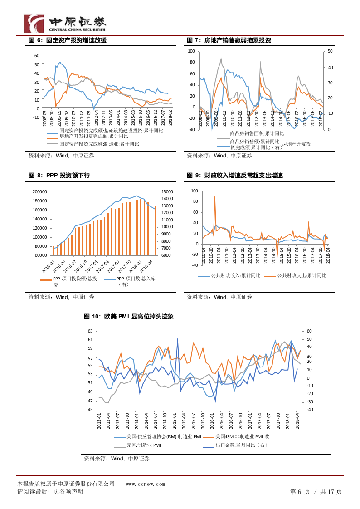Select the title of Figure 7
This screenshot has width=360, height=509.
coord(229,40)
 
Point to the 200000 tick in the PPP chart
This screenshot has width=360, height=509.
coord(40,192)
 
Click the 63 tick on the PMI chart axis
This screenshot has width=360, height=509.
coord(90,331)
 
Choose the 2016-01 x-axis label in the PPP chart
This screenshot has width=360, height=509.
coord(52,264)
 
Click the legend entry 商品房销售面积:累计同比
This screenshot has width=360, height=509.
coord(257,133)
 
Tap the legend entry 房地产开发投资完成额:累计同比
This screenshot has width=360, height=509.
coord(93,136)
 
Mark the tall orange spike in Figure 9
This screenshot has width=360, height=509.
coord(215,197)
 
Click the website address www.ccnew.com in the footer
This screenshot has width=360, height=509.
coord(146,484)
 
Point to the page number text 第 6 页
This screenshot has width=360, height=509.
coord(300,492)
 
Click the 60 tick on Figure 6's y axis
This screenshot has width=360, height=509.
coord(37,56)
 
